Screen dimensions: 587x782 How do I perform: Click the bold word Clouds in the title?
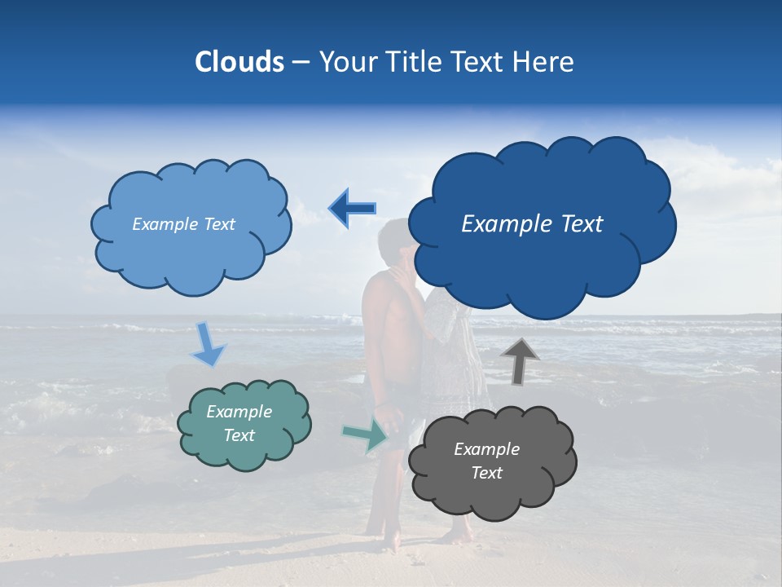[239, 62]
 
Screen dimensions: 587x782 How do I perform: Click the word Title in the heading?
[414, 62]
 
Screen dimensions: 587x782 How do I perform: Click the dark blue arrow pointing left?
[352, 208]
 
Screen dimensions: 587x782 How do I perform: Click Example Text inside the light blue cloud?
[183, 224]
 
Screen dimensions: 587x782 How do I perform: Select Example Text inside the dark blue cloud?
[532, 224]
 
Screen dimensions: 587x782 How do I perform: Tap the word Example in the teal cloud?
[239, 412]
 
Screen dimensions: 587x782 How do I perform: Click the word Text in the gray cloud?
[487, 473]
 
